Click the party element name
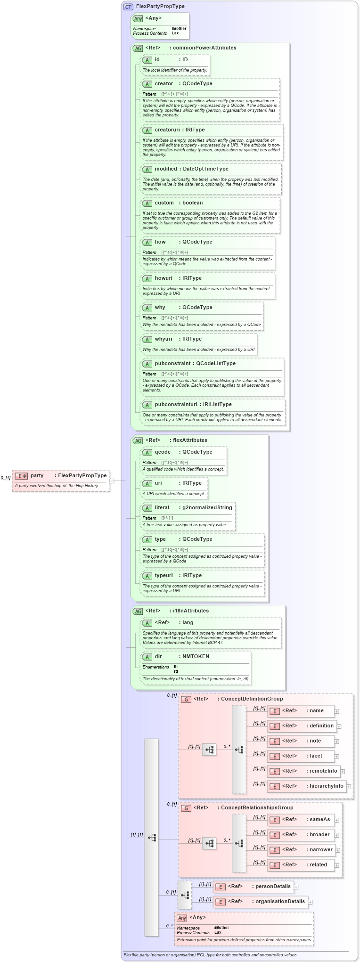(x=37, y=475)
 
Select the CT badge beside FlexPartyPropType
(x=128, y=7)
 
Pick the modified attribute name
(x=166, y=169)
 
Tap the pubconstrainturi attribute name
(x=176, y=404)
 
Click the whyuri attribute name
(x=164, y=339)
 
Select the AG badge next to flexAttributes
(x=138, y=440)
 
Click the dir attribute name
(x=158, y=656)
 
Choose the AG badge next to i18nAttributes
(x=138, y=611)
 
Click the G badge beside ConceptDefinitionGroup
(x=186, y=699)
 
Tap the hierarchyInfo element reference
(x=326, y=786)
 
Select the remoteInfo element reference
(x=323, y=771)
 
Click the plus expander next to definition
(x=339, y=726)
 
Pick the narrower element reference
(x=321, y=849)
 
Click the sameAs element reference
(x=319, y=819)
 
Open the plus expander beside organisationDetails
(x=310, y=902)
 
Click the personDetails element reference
(x=273, y=886)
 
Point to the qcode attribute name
(x=163, y=452)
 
